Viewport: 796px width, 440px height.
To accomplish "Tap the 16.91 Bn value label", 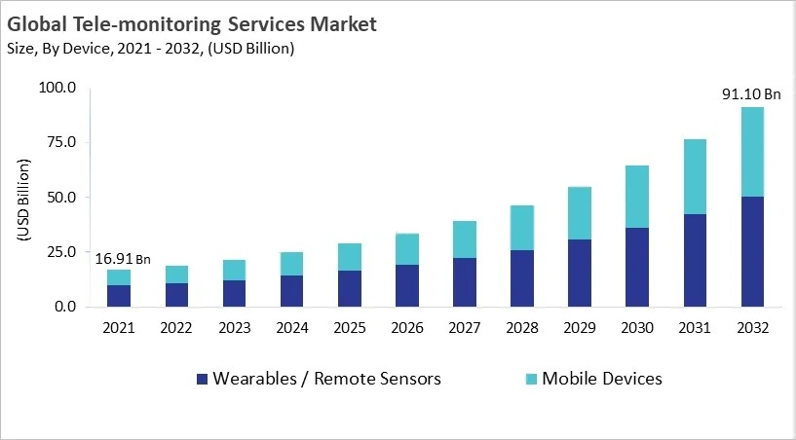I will [x=123, y=259].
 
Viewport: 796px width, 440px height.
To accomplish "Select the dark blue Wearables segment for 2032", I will [x=751, y=251].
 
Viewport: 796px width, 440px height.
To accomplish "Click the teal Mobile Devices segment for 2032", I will [x=751, y=152].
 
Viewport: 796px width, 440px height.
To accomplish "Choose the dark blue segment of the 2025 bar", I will [x=350, y=288].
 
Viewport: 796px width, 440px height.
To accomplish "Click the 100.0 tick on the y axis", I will [x=57, y=89].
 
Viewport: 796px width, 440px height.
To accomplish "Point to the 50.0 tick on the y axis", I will [x=60, y=198].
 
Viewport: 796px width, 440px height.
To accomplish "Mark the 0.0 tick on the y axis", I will [x=64, y=307].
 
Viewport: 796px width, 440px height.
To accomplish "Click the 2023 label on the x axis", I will [x=234, y=328].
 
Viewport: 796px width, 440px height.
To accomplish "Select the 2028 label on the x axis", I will [x=522, y=328].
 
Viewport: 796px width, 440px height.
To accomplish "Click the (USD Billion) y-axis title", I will [x=23, y=198].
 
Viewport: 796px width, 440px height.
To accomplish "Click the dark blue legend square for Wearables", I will [x=202, y=379].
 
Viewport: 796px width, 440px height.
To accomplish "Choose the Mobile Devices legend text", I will [x=601, y=379].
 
